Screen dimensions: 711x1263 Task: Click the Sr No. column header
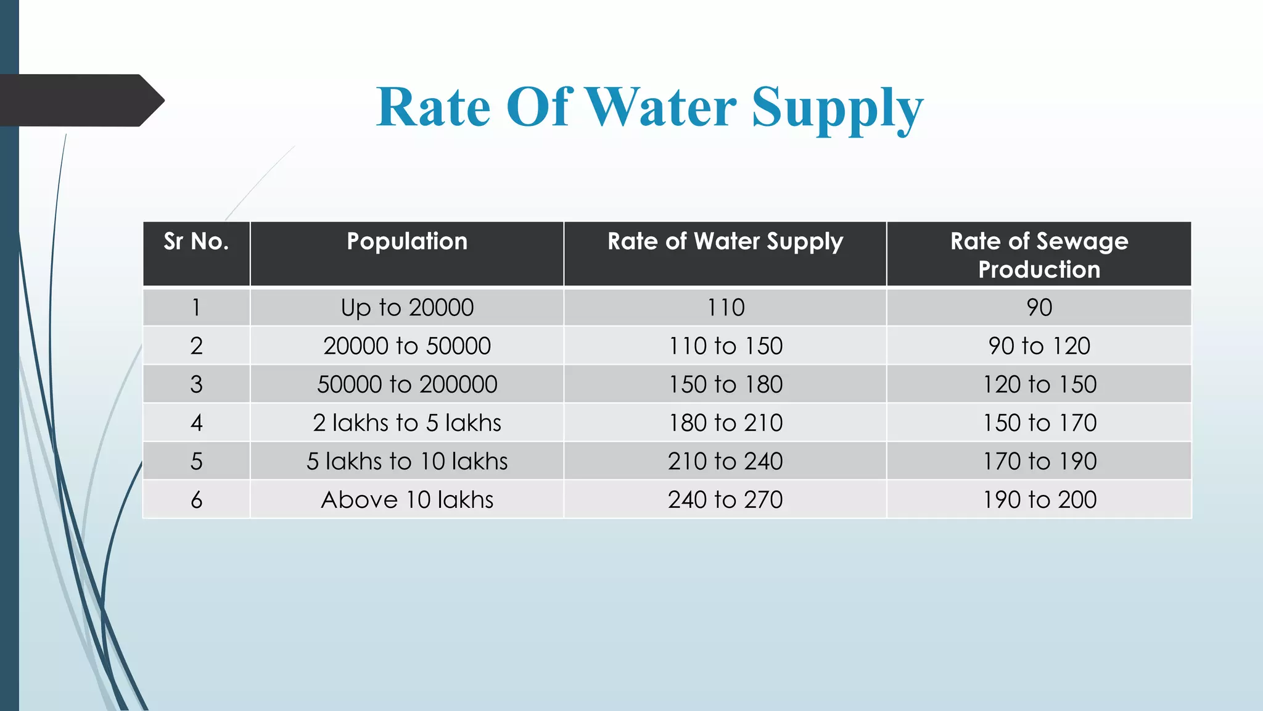tap(196, 241)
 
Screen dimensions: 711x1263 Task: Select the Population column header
tap(407, 241)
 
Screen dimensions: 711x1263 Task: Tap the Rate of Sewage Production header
tap(1039, 254)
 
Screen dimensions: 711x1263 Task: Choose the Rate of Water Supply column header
tap(725, 241)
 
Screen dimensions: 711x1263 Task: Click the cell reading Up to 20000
tap(407, 307)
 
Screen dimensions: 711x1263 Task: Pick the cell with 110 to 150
tap(725, 346)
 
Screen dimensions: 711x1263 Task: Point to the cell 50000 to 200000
tap(407, 385)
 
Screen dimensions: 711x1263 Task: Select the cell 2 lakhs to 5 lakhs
tap(407, 423)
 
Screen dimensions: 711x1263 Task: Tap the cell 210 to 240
tap(725, 461)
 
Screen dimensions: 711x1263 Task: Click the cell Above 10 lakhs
tap(407, 499)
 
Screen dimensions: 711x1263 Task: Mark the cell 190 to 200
tap(1039, 499)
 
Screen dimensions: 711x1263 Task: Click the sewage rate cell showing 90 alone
tap(1039, 307)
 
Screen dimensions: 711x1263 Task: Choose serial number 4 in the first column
tap(196, 423)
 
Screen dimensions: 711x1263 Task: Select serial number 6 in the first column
tap(196, 499)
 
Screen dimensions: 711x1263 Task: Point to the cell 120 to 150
tap(1039, 385)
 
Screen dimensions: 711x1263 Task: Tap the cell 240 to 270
tap(725, 499)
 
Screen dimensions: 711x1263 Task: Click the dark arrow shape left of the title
tap(80, 100)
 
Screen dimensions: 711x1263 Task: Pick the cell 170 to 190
tap(1039, 461)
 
